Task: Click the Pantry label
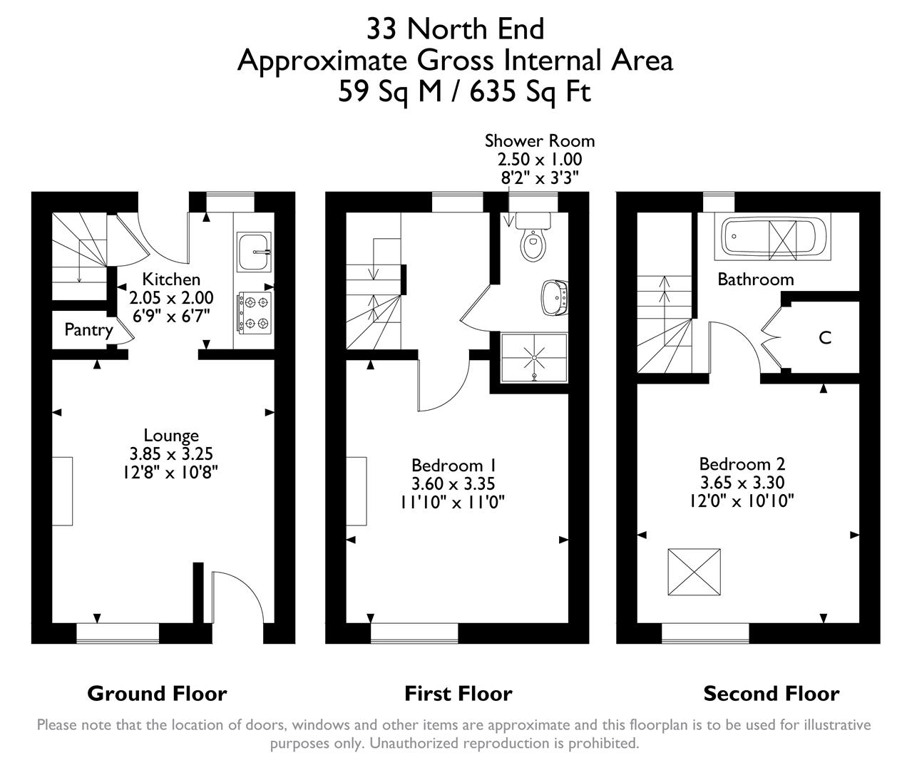(88, 329)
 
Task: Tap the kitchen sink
(254, 251)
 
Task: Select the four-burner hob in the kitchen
(256, 312)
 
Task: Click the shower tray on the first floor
(534, 356)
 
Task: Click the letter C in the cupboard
(825, 338)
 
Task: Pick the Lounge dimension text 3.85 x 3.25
(171, 453)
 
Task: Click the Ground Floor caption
(157, 693)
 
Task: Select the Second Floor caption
(772, 693)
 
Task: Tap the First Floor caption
(458, 693)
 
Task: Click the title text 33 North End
(455, 29)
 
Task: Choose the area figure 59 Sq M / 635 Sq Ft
(464, 92)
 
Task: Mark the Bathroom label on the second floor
(755, 279)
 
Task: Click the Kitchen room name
(171, 279)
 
